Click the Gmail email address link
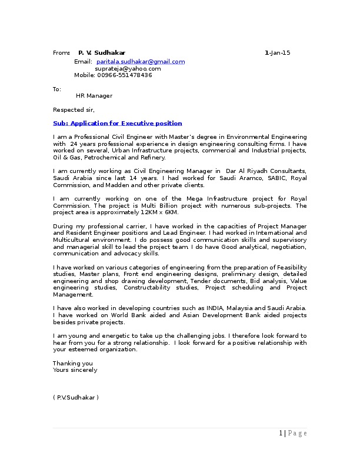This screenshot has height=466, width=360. [141, 61]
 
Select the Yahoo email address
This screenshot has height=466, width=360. [128, 68]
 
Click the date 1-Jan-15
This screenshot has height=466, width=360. [277, 53]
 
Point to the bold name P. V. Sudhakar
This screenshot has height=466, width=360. [102, 53]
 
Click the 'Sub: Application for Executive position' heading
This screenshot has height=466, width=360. [117, 123]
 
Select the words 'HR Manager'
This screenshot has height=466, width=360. [94, 95]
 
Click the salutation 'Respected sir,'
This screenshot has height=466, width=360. [74, 109]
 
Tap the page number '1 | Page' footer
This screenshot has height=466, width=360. [292, 434]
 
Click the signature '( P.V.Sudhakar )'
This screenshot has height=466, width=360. [76, 398]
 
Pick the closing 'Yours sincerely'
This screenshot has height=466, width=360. [75, 370]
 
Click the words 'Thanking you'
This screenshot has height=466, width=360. [73, 363]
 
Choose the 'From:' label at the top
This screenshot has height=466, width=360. [61, 53]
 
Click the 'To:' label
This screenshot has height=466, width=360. [57, 89]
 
